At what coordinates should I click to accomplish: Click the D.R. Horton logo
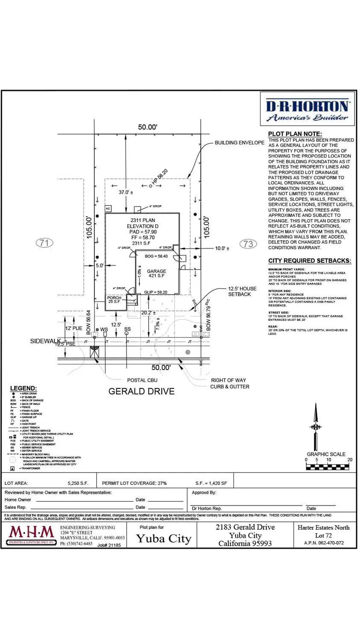coord(307,109)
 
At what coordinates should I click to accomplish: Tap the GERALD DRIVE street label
coord(141,391)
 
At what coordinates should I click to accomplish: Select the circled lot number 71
coord(44,243)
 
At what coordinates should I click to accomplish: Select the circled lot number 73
coord(248,244)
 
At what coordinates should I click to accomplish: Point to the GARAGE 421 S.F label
coord(156,273)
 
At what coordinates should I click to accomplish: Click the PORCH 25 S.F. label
coord(114,300)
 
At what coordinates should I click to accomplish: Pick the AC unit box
coord(108,209)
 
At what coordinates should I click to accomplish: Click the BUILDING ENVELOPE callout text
coord(239,143)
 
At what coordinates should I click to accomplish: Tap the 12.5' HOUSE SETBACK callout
coord(242,291)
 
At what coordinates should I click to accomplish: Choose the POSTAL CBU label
coord(142,380)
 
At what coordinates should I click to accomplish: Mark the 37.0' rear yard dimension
coord(126,193)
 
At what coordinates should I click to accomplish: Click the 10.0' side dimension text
coord(222,248)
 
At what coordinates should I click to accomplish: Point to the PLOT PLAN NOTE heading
coord(295,134)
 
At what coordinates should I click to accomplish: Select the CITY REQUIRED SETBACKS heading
coord(310,261)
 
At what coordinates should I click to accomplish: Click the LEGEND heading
coord(23,388)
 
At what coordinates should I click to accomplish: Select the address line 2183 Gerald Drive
coord(245,527)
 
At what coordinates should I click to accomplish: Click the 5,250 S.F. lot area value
coord(78,483)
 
